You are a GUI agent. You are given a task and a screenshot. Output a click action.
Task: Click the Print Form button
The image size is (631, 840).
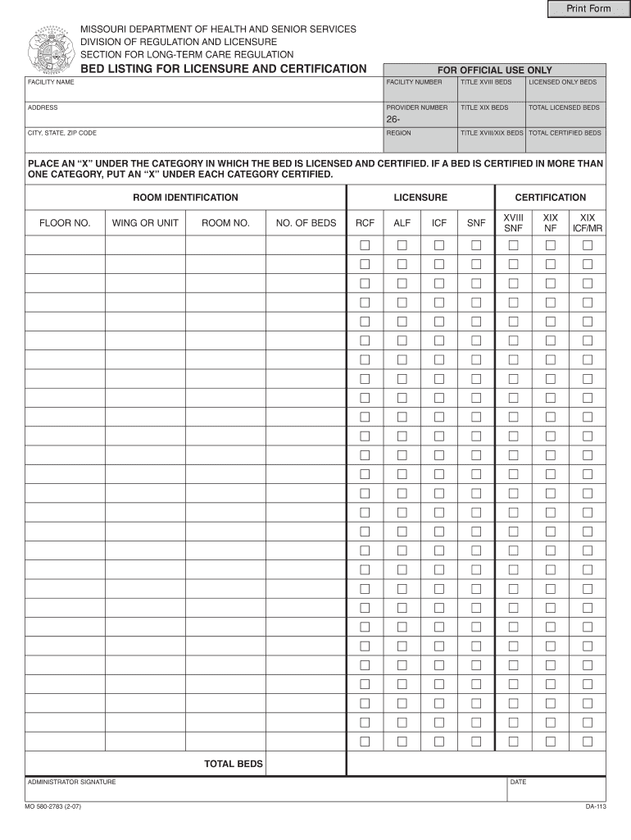(x=589, y=9)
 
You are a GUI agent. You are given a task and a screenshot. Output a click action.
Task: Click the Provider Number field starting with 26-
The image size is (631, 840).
(x=420, y=121)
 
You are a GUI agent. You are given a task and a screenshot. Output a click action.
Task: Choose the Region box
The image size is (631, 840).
(x=420, y=144)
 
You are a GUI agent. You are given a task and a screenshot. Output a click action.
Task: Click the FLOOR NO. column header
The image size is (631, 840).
(x=65, y=222)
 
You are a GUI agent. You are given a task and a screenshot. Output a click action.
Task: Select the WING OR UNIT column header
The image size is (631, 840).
(x=145, y=222)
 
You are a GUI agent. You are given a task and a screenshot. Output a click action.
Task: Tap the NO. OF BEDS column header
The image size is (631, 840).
(x=306, y=222)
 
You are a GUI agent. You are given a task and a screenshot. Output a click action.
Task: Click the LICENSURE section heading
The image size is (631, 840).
(x=420, y=198)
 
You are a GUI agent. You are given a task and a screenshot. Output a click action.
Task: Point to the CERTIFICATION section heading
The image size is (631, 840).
(x=550, y=198)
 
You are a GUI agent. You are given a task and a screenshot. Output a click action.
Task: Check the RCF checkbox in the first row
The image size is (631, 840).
(x=365, y=245)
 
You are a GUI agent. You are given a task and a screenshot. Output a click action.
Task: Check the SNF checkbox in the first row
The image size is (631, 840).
(x=476, y=245)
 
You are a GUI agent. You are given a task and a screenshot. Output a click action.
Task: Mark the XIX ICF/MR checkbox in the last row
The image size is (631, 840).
(x=587, y=742)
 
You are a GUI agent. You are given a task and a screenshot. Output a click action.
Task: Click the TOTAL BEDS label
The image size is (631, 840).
(x=234, y=764)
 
